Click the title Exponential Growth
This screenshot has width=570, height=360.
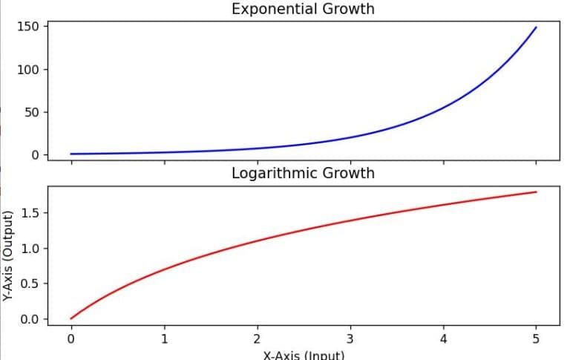point(303,10)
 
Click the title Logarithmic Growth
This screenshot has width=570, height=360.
point(303,174)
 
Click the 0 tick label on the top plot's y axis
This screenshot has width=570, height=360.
point(34,154)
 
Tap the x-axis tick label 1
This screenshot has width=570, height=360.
point(164,339)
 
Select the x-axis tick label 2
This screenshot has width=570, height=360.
point(258,339)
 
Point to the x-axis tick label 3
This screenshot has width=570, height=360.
point(350,339)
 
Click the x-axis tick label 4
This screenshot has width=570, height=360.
point(443,339)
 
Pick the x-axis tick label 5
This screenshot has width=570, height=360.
point(536,339)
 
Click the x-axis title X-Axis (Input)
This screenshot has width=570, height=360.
point(304,354)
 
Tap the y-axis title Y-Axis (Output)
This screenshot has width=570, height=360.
point(8,255)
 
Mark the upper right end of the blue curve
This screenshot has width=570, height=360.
point(536,27)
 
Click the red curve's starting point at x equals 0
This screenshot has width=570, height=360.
point(71,318)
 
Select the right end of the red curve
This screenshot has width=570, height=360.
point(536,192)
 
